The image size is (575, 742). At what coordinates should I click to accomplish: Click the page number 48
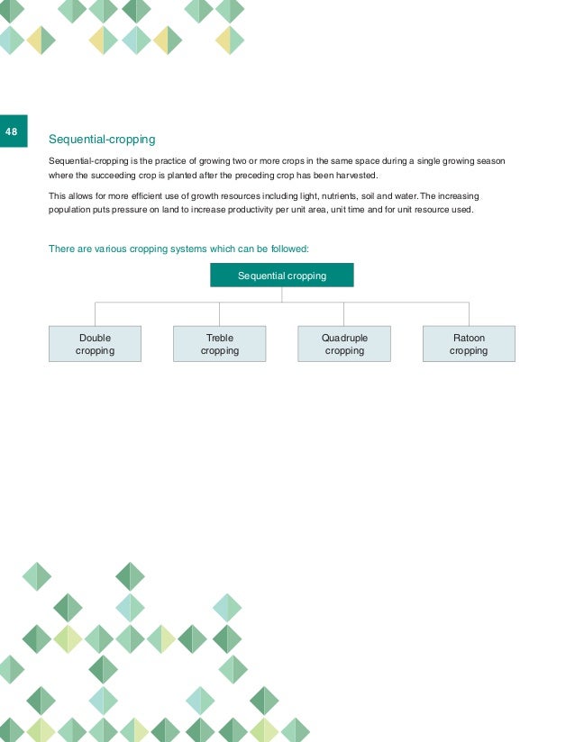(x=12, y=132)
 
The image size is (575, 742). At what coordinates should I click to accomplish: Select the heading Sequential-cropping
(x=102, y=140)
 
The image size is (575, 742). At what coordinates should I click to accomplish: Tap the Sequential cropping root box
(x=282, y=275)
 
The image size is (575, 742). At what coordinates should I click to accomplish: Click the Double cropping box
(x=95, y=344)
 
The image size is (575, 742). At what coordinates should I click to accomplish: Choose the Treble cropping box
(x=220, y=344)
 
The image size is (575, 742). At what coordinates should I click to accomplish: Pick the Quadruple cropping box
(x=344, y=344)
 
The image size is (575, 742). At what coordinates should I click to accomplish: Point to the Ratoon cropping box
(x=469, y=344)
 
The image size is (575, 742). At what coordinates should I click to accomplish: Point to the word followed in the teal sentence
(x=288, y=249)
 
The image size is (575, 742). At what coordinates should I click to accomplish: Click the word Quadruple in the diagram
(x=344, y=338)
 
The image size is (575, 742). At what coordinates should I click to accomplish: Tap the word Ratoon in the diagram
(x=469, y=338)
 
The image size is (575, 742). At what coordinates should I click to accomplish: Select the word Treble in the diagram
(x=220, y=338)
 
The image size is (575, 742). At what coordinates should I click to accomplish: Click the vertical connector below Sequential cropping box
(x=282, y=294)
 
